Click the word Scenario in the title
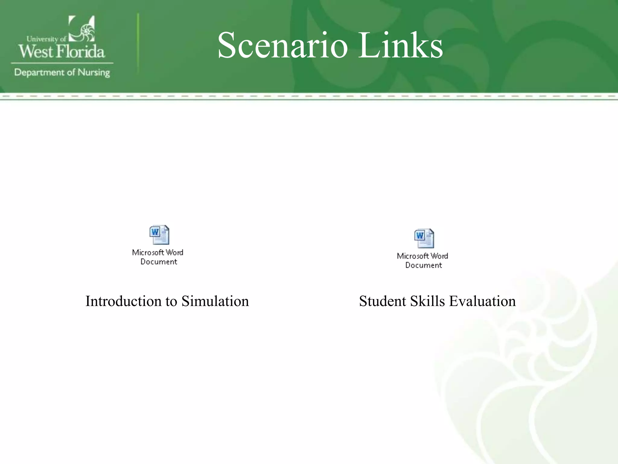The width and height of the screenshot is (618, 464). [282, 46]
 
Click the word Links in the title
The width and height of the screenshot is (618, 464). [400, 46]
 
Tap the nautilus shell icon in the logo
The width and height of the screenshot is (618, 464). [82, 29]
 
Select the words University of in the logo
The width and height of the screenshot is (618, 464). [46, 39]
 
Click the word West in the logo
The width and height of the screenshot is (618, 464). [36, 51]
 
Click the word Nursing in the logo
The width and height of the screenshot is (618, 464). [94, 73]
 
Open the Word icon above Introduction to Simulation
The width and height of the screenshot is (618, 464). [159, 235]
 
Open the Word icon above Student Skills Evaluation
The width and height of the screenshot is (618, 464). [424, 238]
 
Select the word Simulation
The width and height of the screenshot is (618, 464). [215, 301]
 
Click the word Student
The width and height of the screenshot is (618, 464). [382, 301]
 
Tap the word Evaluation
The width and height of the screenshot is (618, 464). [482, 301]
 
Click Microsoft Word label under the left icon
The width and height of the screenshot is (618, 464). [158, 253]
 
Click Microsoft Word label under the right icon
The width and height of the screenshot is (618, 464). [422, 256]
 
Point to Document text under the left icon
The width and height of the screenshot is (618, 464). [159, 262]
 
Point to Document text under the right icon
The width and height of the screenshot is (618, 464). [423, 265]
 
